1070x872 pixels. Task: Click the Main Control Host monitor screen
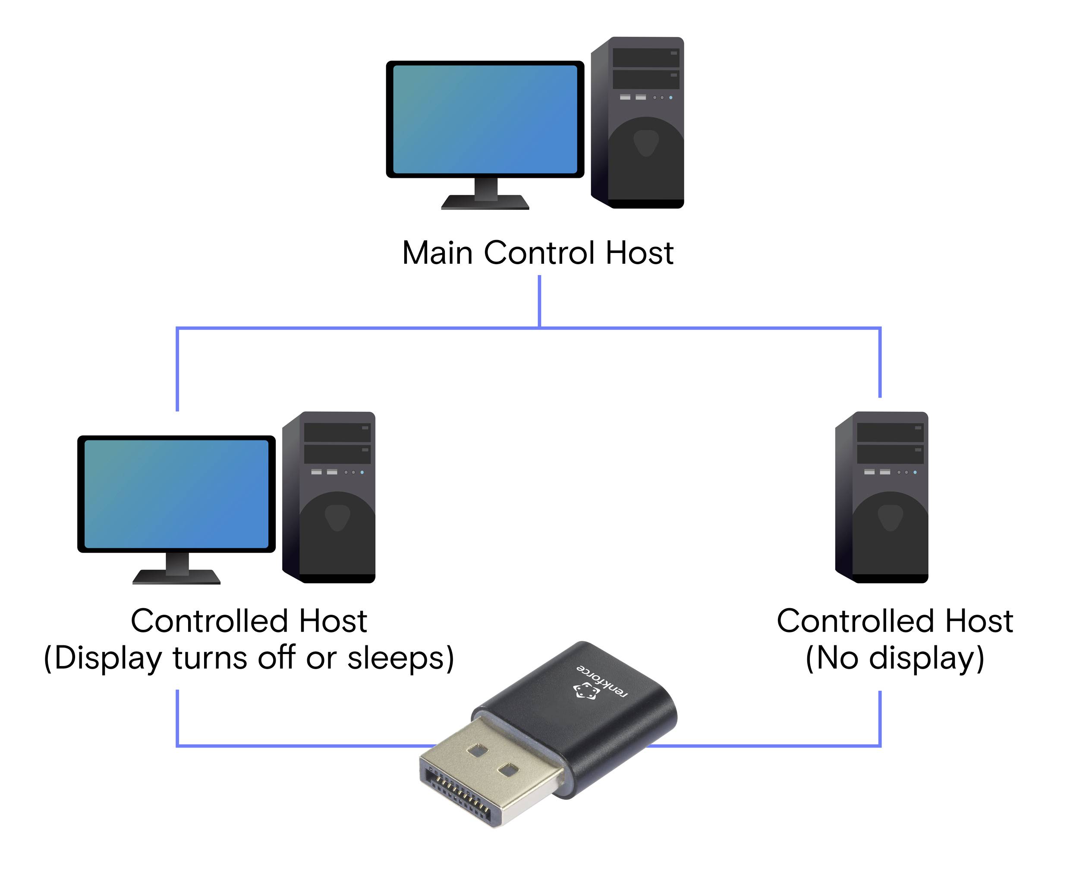[485, 120]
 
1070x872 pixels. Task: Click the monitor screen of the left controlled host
[176, 494]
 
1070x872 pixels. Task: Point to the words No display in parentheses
[894, 658]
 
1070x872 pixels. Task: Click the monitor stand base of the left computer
[176, 577]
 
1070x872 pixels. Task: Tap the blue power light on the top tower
[670, 98]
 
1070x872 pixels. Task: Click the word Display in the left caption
[107, 658]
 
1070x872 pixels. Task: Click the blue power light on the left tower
[362, 472]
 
